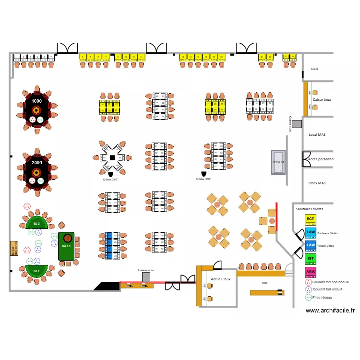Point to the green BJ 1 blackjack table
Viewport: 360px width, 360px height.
[34, 271]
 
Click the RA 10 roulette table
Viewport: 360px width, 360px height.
[66, 246]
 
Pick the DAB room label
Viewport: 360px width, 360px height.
[314, 69]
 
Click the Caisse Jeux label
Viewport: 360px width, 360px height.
[322, 100]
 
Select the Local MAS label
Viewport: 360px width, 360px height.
[317, 135]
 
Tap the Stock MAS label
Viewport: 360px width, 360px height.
[317, 183]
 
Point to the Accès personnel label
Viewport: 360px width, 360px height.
[321, 159]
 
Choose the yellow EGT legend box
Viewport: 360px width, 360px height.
[311, 219]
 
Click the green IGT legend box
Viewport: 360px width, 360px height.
[311, 259]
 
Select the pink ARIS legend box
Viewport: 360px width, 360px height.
[311, 272]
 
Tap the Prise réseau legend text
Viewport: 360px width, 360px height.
[322, 298]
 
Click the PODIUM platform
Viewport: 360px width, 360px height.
[278, 162]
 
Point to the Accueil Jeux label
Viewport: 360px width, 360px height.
[220, 279]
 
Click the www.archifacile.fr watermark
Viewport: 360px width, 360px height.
[330, 311]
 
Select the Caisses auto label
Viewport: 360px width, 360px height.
[146, 270]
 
